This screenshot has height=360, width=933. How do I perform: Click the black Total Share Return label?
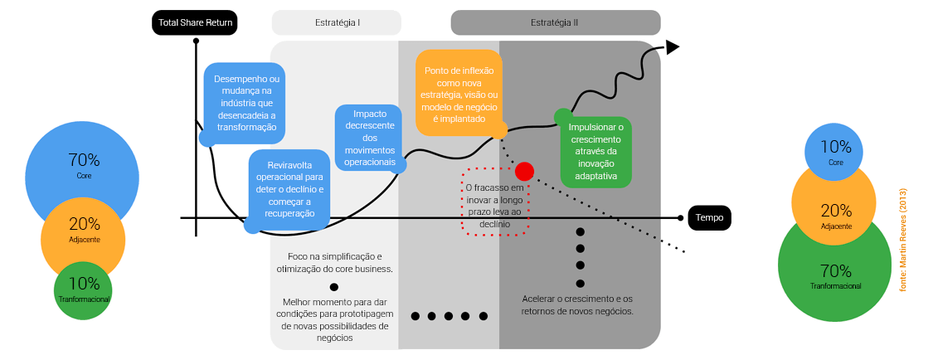tap(195, 23)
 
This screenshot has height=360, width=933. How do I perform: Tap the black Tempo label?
tap(709, 218)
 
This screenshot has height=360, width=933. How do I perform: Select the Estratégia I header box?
tap(336, 22)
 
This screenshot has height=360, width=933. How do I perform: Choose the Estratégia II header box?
tap(555, 22)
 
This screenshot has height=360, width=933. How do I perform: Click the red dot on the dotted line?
tap(524, 172)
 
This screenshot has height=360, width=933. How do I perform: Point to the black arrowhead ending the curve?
tap(673, 47)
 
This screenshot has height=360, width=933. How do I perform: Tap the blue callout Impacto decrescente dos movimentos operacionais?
tap(370, 138)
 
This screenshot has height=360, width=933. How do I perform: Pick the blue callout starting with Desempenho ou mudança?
tap(243, 103)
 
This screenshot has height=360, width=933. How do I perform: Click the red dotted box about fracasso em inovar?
tap(496, 204)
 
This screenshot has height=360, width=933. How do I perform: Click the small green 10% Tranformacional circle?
tap(83, 290)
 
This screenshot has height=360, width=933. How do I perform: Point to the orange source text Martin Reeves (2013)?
tap(903, 239)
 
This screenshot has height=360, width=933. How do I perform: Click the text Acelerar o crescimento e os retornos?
tap(577, 304)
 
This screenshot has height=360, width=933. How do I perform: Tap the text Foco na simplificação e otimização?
tap(334, 262)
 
